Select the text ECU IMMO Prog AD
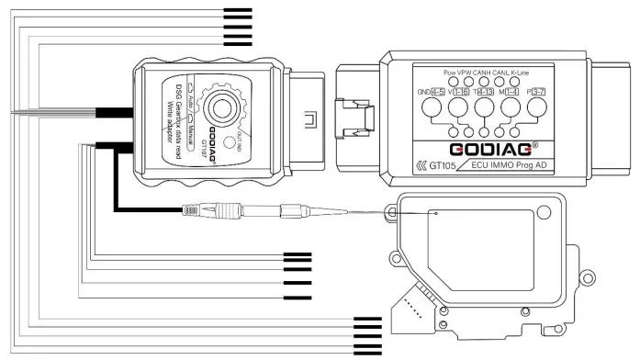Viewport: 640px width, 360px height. pyautogui.click(x=517, y=166)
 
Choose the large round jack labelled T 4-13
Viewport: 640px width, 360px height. pyautogui.click(x=484, y=107)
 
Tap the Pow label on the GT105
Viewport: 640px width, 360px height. pyautogui.click(x=449, y=71)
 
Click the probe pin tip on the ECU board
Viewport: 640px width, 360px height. pyautogui.click(x=436, y=214)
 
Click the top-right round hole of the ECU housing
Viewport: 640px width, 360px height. pyautogui.click(x=546, y=212)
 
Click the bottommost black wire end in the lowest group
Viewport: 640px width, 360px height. pyautogui.click(x=367, y=353)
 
